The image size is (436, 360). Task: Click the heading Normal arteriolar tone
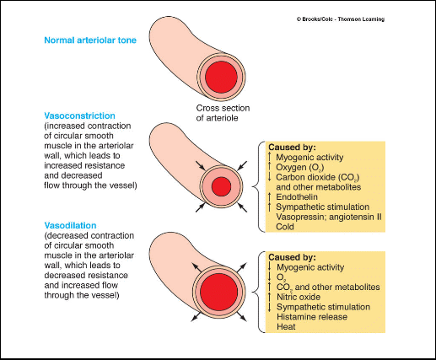[90, 40]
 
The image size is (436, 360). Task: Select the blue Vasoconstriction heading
[79, 116]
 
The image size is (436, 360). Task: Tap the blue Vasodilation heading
[70, 225]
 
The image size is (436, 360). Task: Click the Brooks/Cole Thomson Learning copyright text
[341, 19]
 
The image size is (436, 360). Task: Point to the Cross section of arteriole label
[223, 113]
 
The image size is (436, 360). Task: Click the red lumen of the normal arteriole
[221, 77]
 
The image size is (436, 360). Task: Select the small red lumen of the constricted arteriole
[221, 186]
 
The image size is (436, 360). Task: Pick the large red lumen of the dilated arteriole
[219, 291]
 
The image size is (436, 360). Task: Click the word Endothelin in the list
[297, 197]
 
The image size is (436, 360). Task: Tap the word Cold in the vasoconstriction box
[285, 227]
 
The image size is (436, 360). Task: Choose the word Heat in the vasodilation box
[286, 326]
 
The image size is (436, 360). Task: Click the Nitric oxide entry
[299, 297]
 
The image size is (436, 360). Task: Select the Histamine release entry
[312, 317]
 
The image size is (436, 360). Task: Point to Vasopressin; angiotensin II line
[329, 217]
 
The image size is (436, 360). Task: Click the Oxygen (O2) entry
[300, 168]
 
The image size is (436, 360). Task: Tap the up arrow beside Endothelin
[270, 196]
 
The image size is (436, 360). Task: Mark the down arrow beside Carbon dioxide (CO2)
[270, 177]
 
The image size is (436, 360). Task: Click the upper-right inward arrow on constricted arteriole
[242, 165]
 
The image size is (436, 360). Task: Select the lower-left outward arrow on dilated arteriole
[196, 316]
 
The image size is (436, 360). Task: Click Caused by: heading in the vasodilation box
[292, 257]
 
